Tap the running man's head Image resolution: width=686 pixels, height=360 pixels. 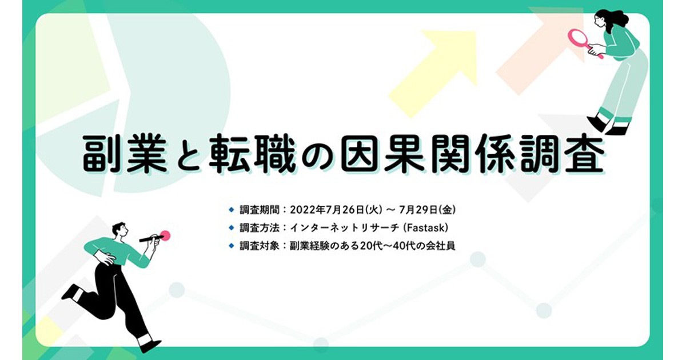(119, 230)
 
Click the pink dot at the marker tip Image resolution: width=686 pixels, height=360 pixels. (165, 235)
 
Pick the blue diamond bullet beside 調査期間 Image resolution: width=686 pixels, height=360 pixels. (232, 210)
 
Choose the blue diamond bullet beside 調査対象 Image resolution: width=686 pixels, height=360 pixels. (232, 246)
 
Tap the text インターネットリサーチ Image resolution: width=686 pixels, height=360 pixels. (345, 228)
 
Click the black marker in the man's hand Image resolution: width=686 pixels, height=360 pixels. (151, 238)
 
